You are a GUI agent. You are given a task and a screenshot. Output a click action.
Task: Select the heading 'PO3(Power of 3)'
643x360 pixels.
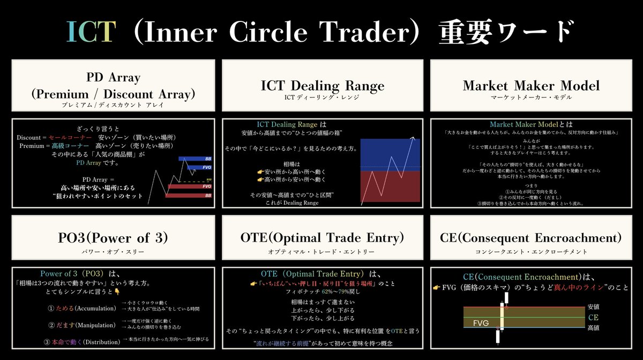click(x=113, y=237)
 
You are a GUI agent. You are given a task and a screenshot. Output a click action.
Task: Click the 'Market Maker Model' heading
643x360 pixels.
click(x=530, y=85)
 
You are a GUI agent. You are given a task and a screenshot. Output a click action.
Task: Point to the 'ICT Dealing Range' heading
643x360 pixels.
click(x=323, y=85)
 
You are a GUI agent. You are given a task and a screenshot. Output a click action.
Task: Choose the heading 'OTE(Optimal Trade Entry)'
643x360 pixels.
click(x=323, y=237)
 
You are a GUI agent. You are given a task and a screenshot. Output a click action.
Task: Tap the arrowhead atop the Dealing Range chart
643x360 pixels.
click(x=413, y=139)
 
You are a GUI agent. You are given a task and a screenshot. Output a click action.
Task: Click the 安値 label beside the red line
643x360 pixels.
click(x=593, y=307)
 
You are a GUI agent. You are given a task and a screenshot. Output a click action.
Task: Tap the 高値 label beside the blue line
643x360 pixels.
click(x=593, y=327)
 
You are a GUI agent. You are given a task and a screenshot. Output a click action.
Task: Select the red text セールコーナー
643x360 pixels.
click(x=70, y=138)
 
